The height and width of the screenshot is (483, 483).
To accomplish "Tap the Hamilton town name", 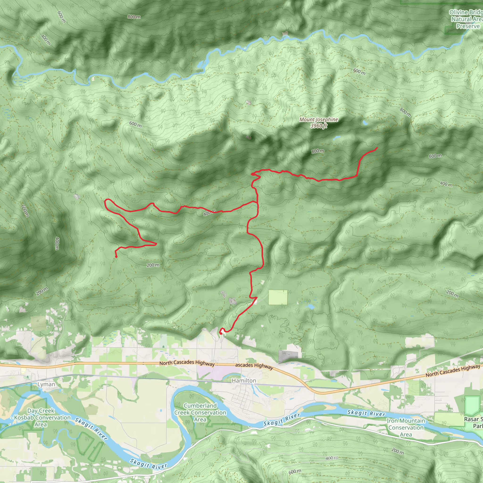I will coord(244,380).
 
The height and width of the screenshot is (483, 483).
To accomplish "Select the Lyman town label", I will coord(46,384).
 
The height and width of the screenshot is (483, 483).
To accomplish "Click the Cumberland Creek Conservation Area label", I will coord(200,412).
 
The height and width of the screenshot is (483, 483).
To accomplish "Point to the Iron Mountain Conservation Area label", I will coord(406,428).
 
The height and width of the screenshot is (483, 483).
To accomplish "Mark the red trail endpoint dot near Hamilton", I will coord(221,333).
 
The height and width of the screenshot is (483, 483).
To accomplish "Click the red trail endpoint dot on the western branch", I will coord(116,257).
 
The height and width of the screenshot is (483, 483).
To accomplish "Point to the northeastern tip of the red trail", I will coord(377,148).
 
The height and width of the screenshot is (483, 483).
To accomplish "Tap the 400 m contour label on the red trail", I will coord(209,213).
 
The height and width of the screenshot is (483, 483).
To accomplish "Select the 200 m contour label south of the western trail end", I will coord(153,265).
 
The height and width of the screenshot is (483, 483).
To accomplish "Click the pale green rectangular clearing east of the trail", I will coord(278,297).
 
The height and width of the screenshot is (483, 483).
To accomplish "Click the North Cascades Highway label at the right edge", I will coord(453,371).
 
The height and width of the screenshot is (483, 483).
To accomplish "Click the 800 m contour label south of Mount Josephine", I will coord(318,151).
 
